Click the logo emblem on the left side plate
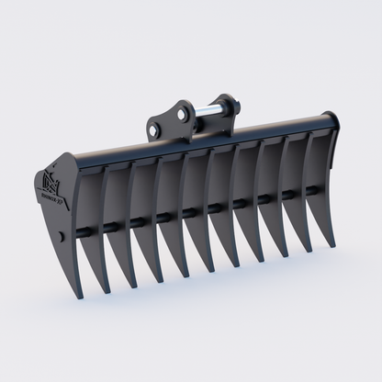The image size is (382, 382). tap(51, 178)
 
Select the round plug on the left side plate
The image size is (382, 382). tap(61, 236)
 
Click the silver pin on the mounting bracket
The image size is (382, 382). tap(206, 113)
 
